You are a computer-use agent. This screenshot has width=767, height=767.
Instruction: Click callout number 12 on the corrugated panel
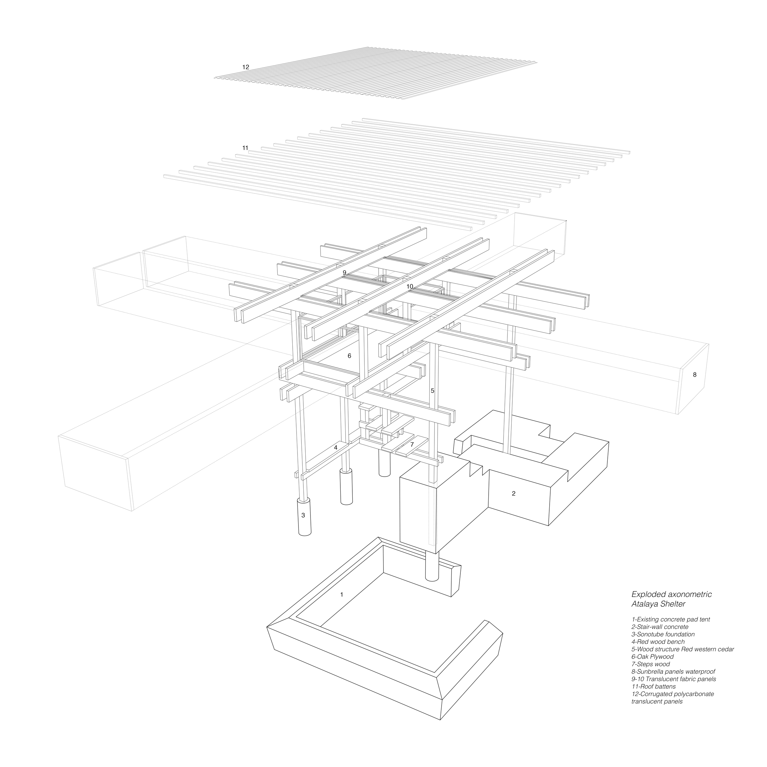(246, 67)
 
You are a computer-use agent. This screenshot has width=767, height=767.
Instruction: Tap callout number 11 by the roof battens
(245, 148)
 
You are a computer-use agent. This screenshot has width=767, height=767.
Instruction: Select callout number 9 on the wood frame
(345, 272)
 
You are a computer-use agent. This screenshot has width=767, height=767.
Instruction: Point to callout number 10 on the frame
(410, 286)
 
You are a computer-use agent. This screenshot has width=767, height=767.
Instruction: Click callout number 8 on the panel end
(694, 374)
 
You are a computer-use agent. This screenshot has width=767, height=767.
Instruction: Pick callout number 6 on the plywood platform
(349, 356)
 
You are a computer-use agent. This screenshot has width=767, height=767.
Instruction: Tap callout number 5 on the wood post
(432, 391)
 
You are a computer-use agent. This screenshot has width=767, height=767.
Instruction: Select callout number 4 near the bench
(335, 447)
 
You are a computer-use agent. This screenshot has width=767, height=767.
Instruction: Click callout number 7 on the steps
(412, 444)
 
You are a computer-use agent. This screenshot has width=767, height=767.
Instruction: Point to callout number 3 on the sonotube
(303, 515)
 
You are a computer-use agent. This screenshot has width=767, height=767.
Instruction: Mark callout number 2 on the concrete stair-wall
(514, 493)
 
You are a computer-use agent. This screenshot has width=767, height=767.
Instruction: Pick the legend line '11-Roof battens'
(653, 687)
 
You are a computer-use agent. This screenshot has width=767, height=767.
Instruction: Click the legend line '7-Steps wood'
(650, 664)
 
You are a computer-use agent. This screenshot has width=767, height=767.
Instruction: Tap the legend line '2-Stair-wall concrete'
(660, 627)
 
